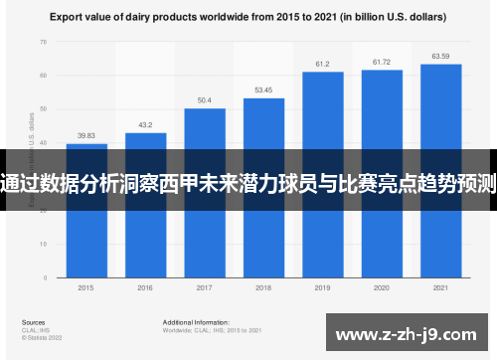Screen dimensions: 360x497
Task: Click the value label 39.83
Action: [86, 136]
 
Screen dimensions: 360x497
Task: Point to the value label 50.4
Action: [204, 100]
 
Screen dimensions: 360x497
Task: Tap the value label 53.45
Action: [263, 90]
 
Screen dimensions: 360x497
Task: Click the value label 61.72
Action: [381, 62]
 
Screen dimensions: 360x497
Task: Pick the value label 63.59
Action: [440, 56]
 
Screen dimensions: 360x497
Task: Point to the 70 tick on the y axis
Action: [43, 42]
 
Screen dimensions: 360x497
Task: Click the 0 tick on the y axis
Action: [45, 275]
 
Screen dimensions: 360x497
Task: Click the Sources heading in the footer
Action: [34, 322]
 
